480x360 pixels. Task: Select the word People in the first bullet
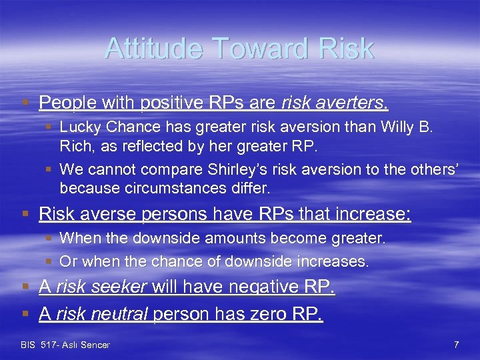[63, 103]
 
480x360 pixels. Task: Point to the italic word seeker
[121, 287]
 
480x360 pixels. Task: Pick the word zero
[265, 314]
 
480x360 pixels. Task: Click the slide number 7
[456, 345]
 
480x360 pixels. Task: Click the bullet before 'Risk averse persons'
[25, 215]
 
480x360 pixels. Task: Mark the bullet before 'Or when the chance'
[50, 262]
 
